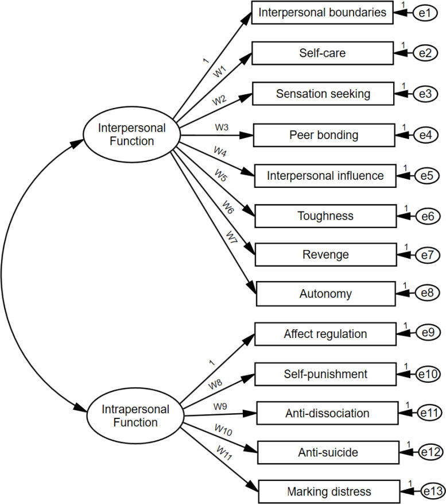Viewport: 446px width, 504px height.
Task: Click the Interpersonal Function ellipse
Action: [131, 134]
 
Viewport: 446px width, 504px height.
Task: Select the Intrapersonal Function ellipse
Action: [135, 415]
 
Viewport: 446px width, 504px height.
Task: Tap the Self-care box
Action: [323, 53]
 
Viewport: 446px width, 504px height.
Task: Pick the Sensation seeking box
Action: [323, 94]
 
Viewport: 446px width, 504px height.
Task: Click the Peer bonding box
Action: [324, 135]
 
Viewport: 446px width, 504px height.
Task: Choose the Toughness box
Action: [325, 216]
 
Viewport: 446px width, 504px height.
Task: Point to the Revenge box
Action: [326, 255]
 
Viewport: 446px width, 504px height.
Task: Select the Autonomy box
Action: [326, 294]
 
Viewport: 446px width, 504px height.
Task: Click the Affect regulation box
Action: [325, 334]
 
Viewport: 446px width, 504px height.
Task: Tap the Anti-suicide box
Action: [328, 453]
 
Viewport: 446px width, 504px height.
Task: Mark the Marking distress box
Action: [329, 492]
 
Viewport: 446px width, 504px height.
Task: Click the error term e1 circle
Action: [425, 13]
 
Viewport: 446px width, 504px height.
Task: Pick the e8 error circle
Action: [428, 293]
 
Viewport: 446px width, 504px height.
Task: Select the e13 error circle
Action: [433, 491]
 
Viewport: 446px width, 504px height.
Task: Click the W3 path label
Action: [222, 127]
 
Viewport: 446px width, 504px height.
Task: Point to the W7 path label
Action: [231, 237]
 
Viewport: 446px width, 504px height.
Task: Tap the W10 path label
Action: [223, 430]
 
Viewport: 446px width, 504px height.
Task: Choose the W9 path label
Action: [220, 407]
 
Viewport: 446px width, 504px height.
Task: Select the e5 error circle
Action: [426, 175]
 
